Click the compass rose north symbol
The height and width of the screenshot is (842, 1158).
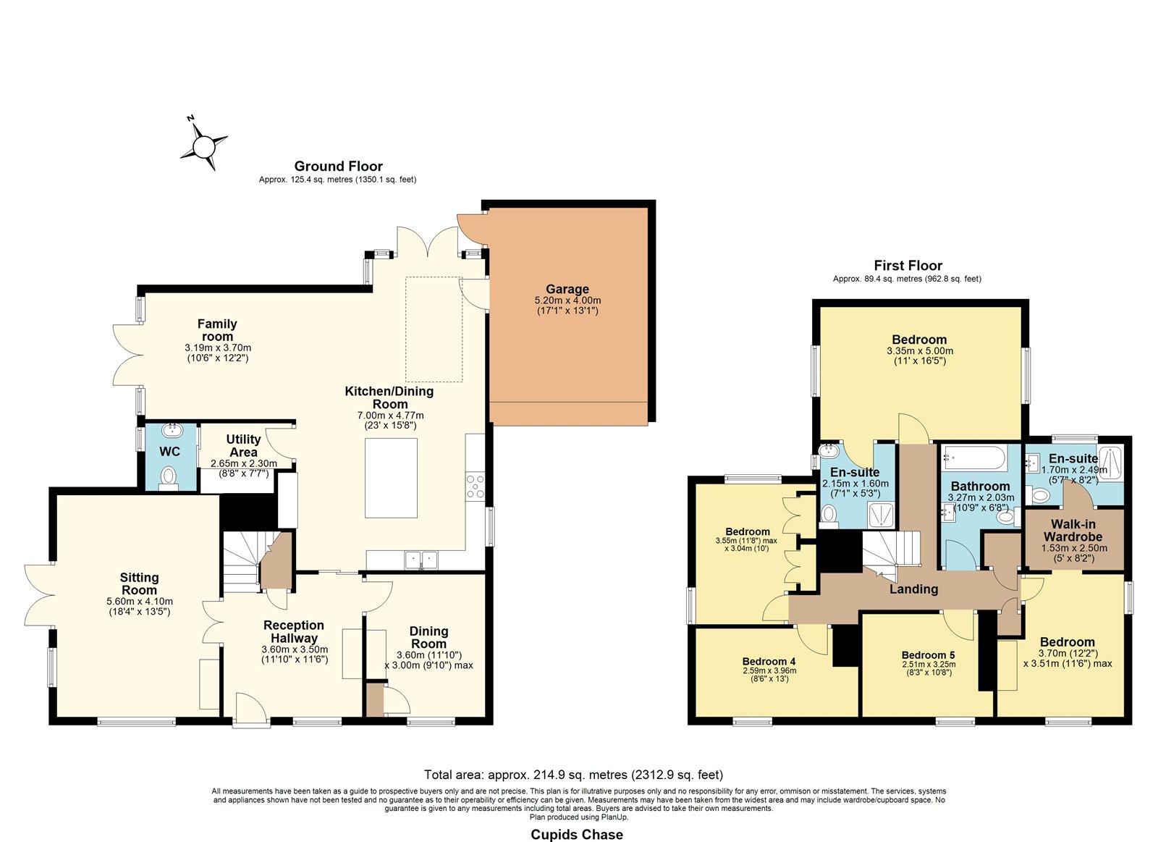[x=203, y=146]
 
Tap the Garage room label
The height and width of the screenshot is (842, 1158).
[x=567, y=289]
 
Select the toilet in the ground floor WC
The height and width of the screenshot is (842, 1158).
[x=169, y=478]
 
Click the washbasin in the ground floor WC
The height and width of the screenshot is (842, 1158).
[x=171, y=430]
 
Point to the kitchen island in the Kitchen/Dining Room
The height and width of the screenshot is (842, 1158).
[x=391, y=478]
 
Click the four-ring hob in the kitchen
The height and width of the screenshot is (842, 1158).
[x=476, y=487]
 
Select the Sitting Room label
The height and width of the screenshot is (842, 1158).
[x=139, y=584]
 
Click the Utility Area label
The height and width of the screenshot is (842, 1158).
[x=243, y=445]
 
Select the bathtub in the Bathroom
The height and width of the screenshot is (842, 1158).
[x=974, y=458]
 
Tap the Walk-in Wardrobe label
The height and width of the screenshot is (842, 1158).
[x=1073, y=531]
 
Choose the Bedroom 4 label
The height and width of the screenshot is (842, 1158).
[x=769, y=661]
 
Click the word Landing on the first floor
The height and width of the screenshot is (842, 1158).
[x=913, y=589]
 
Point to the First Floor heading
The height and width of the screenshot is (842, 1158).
[x=908, y=266]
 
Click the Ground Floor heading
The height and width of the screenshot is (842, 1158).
[x=338, y=166]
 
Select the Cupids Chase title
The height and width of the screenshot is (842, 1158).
[x=576, y=834]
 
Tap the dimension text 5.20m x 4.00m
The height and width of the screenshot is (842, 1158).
[x=567, y=300]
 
